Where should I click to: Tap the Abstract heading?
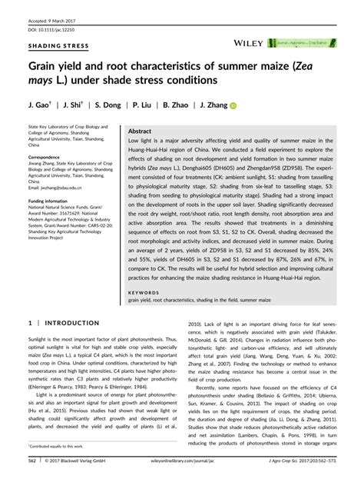(140, 131)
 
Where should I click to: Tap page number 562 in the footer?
(33, 461)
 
